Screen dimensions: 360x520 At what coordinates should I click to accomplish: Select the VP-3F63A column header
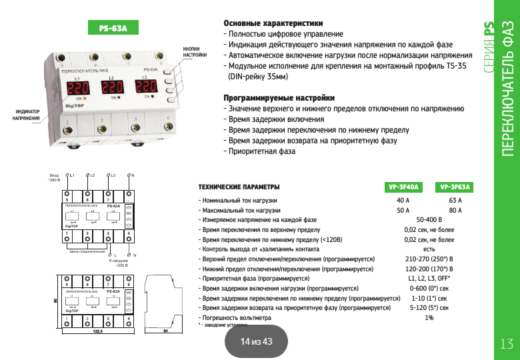point(456,187)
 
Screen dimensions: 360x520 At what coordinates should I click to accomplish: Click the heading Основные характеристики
point(273,23)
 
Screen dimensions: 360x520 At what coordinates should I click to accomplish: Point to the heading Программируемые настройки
point(279,98)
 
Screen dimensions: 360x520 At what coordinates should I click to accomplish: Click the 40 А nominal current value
point(403,200)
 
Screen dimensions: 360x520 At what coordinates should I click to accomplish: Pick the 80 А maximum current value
point(456,211)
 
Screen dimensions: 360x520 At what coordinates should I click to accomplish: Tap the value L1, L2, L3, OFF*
point(429,279)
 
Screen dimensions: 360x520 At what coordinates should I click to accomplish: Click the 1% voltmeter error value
point(429,318)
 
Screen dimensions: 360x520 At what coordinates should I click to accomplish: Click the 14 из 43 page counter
point(257,341)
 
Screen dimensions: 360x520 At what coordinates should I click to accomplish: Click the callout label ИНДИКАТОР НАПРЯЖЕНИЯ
point(27,115)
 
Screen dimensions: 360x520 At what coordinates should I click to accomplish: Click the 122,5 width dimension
point(97,331)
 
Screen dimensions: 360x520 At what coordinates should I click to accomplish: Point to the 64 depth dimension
point(166,331)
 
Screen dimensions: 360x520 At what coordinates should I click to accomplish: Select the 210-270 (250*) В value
point(429,259)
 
